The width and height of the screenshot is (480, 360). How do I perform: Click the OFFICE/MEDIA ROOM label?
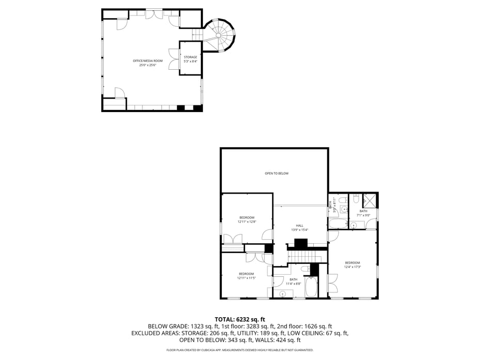point(148,61)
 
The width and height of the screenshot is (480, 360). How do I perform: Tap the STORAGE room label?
point(190,57)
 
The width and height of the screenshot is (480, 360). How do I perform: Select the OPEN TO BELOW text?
point(276,174)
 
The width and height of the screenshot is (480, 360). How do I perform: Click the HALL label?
point(299,226)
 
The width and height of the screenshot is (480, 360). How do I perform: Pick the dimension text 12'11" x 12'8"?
point(247,222)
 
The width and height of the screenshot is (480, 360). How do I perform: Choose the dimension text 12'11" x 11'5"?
point(246,278)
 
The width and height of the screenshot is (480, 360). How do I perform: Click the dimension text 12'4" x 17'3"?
point(352,267)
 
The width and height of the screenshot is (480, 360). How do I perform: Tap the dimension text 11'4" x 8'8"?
point(293,284)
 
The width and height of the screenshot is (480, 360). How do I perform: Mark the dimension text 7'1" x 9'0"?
point(363,215)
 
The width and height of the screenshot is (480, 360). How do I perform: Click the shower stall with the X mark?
point(370,200)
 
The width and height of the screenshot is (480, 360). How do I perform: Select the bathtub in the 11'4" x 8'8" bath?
point(311,287)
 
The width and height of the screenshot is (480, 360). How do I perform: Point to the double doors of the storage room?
point(173,57)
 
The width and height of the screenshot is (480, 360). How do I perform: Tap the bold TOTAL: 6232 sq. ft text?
point(239,320)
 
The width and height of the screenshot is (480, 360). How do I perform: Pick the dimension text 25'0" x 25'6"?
point(148,65)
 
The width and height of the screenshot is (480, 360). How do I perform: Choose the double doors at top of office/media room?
point(153,15)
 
